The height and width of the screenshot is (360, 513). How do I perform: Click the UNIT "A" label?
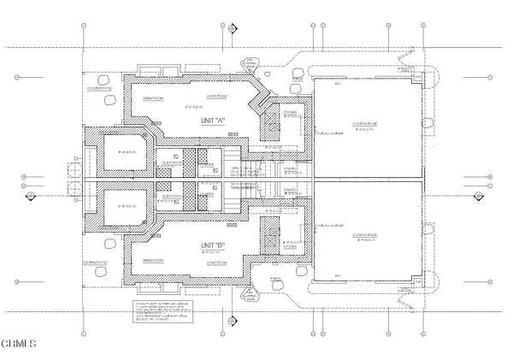tap(213, 121)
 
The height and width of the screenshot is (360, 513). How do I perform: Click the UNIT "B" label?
tap(213, 246)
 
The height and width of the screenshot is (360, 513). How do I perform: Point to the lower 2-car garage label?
tap(363, 239)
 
